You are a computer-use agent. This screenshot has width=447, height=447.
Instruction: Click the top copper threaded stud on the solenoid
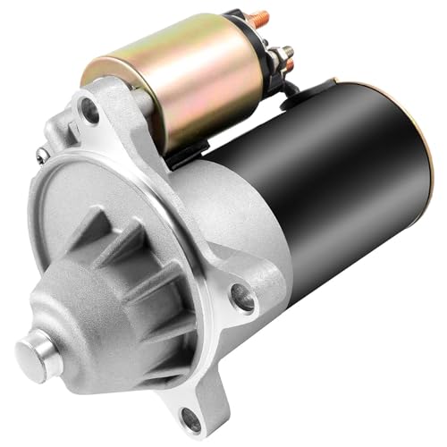(260, 18)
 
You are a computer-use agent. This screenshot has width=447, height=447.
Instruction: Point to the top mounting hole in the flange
(89, 111)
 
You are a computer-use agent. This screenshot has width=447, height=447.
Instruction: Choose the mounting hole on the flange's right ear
(241, 295)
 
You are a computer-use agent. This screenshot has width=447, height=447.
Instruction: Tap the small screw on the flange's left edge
(41, 155)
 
